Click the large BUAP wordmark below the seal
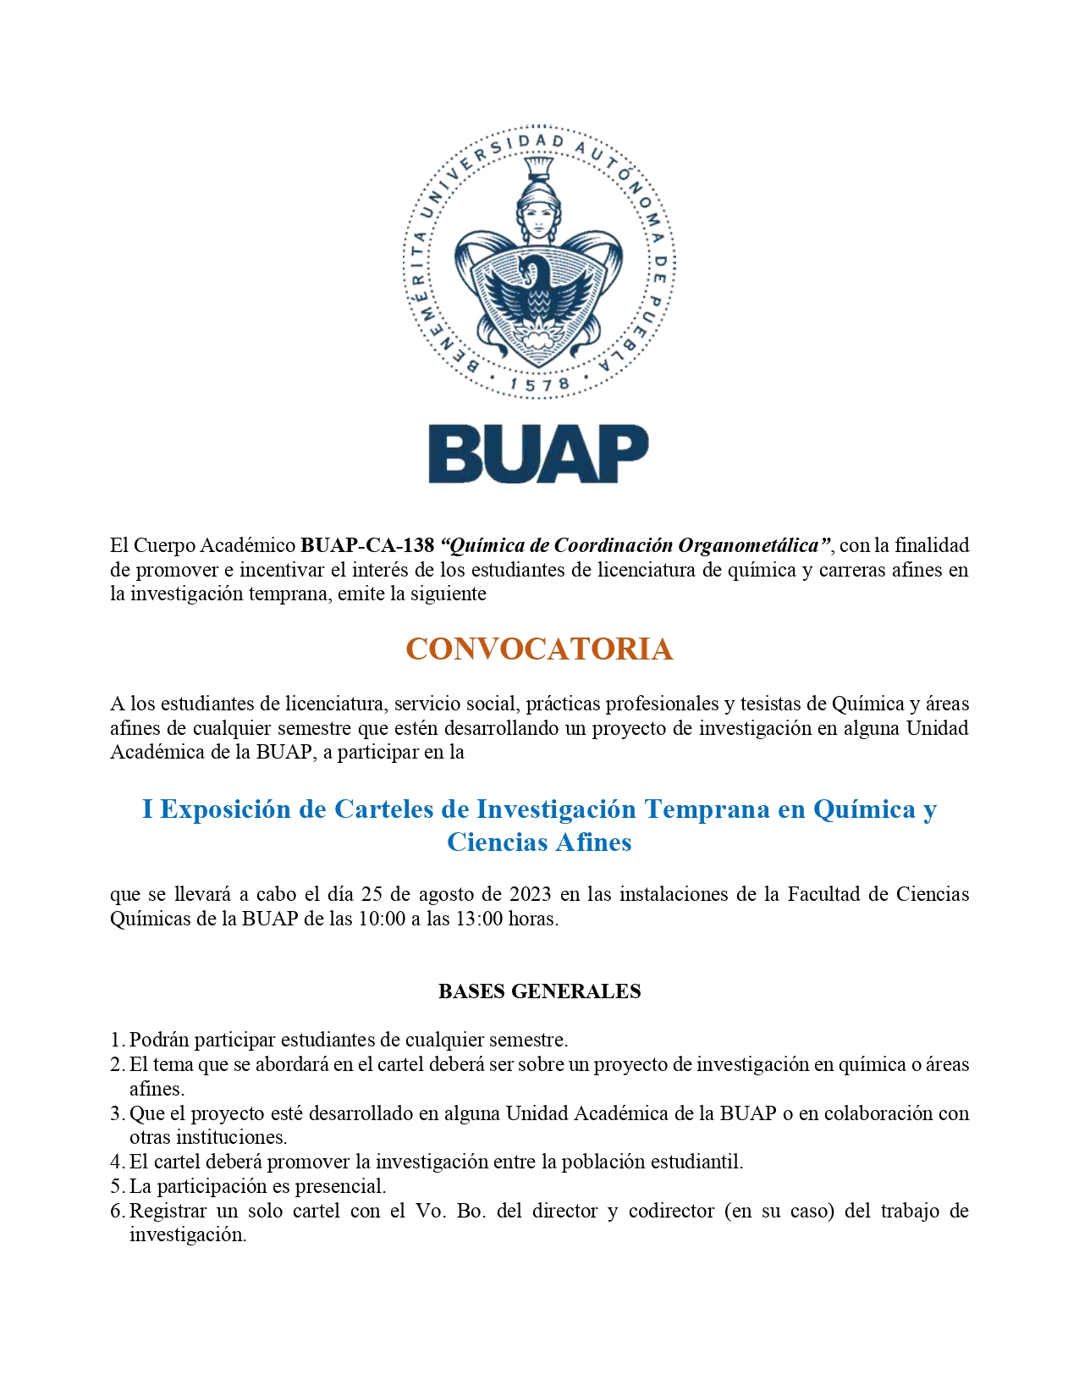tap(538, 455)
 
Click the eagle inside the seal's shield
tap(538, 296)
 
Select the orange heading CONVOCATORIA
tap(539, 649)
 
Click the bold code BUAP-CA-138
tap(367, 545)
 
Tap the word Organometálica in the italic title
tap(749, 545)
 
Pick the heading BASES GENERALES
tap(539, 991)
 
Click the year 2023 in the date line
tap(531, 894)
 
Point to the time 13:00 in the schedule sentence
tap(479, 919)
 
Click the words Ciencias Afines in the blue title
tap(539, 842)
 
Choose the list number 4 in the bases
tap(117, 1162)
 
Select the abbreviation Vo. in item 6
tap(430, 1211)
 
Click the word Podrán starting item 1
tap(160, 1040)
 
